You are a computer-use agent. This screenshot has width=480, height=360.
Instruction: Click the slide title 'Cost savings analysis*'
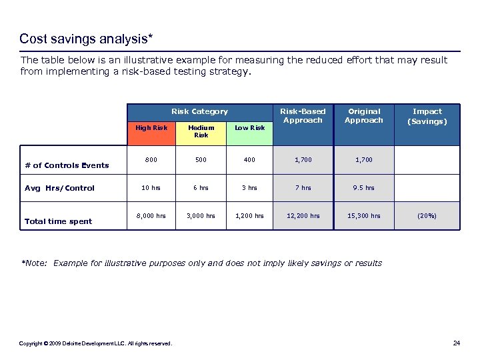(x=87, y=39)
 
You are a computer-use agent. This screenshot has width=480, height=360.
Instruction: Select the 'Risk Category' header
(x=199, y=111)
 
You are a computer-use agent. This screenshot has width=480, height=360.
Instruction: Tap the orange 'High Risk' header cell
(x=151, y=128)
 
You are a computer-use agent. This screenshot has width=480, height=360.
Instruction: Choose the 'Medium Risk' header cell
(x=201, y=131)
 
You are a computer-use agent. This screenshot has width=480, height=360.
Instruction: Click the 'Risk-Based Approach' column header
(x=303, y=116)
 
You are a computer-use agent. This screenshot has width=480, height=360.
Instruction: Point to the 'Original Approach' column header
(x=364, y=116)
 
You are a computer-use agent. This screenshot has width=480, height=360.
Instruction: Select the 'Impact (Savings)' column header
(x=427, y=117)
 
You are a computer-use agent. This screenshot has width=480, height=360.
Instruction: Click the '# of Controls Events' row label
(x=67, y=165)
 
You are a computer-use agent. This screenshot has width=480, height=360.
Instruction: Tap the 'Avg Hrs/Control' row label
(x=60, y=188)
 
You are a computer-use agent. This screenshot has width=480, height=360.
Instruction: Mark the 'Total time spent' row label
(x=58, y=221)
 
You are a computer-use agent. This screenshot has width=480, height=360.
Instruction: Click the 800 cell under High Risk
(x=151, y=160)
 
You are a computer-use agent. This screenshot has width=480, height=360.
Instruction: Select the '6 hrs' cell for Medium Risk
(x=201, y=188)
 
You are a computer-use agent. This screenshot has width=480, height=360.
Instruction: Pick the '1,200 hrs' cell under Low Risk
(x=249, y=216)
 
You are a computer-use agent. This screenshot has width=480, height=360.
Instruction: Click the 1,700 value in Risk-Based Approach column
(x=303, y=160)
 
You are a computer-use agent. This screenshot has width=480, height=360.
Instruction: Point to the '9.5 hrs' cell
(x=365, y=188)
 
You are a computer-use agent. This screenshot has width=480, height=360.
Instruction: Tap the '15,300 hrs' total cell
(x=365, y=216)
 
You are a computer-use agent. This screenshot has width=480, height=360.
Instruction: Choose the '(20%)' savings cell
(x=427, y=216)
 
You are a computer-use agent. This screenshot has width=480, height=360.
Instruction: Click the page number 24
(x=456, y=343)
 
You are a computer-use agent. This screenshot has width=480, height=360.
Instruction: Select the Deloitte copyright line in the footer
(x=95, y=344)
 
